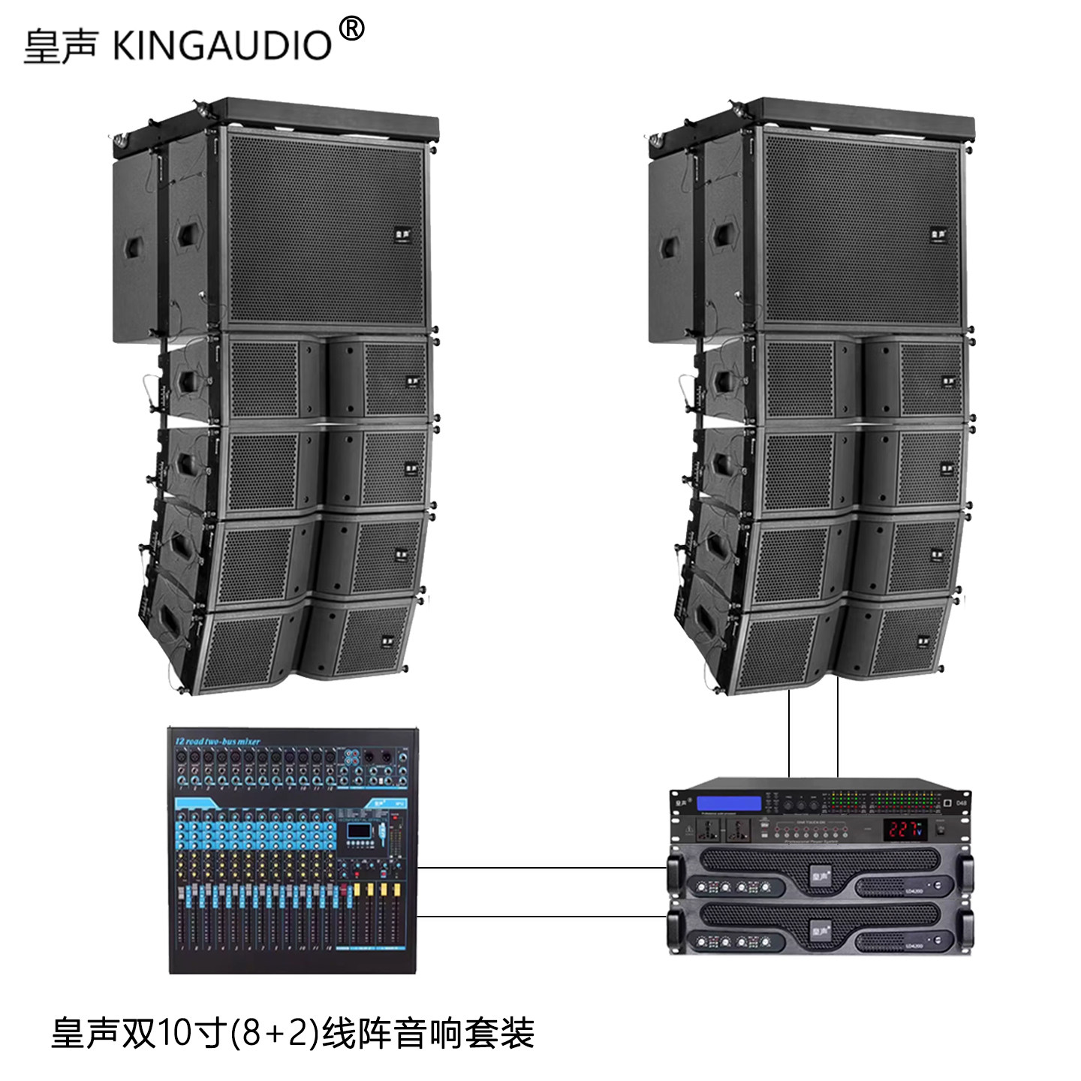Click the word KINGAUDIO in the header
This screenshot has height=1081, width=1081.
222,46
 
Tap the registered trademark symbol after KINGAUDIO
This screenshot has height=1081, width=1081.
352,29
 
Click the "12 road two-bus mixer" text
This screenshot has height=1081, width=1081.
218,741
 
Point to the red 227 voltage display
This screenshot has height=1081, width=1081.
905,829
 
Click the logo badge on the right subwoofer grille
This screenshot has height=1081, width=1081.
938,235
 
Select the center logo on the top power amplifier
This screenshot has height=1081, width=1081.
820,873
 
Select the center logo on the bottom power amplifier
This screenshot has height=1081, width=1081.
820,929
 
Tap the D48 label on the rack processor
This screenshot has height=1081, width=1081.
962,803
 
